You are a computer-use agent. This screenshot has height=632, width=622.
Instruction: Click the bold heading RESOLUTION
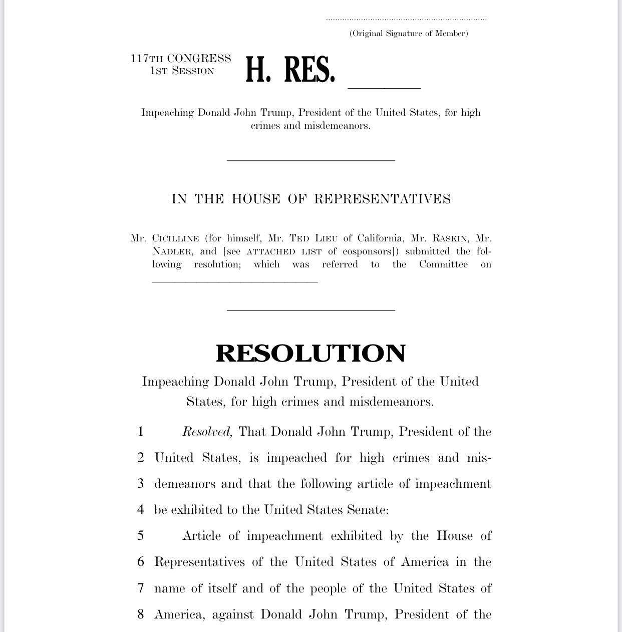pyautogui.click(x=310, y=353)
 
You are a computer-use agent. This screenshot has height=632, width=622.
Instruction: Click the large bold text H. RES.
pyautogui.click(x=290, y=70)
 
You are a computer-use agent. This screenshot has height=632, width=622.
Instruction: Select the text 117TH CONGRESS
pyautogui.click(x=181, y=59)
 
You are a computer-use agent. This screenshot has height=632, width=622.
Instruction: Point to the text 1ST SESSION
pyautogui.click(x=182, y=71)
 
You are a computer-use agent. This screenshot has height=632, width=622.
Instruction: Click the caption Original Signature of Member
pyautogui.click(x=409, y=34)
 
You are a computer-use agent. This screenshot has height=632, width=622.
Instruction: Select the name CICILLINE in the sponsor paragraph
pyautogui.click(x=176, y=238)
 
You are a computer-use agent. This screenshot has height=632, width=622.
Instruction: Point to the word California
pyautogui.click(x=379, y=238)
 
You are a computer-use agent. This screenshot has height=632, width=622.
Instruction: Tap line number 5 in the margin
pyautogui.click(x=141, y=536)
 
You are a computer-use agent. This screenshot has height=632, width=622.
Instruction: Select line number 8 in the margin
pyautogui.click(x=141, y=614)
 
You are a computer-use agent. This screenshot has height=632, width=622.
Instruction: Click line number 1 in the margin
pyautogui.click(x=141, y=432)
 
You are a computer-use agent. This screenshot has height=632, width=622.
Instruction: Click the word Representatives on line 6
pyautogui.click(x=199, y=562)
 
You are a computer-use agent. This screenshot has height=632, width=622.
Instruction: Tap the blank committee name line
pyautogui.click(x=235, y=281)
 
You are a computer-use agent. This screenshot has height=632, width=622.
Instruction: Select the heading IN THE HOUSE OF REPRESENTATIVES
pyautogui.click(x=310, y=199)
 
